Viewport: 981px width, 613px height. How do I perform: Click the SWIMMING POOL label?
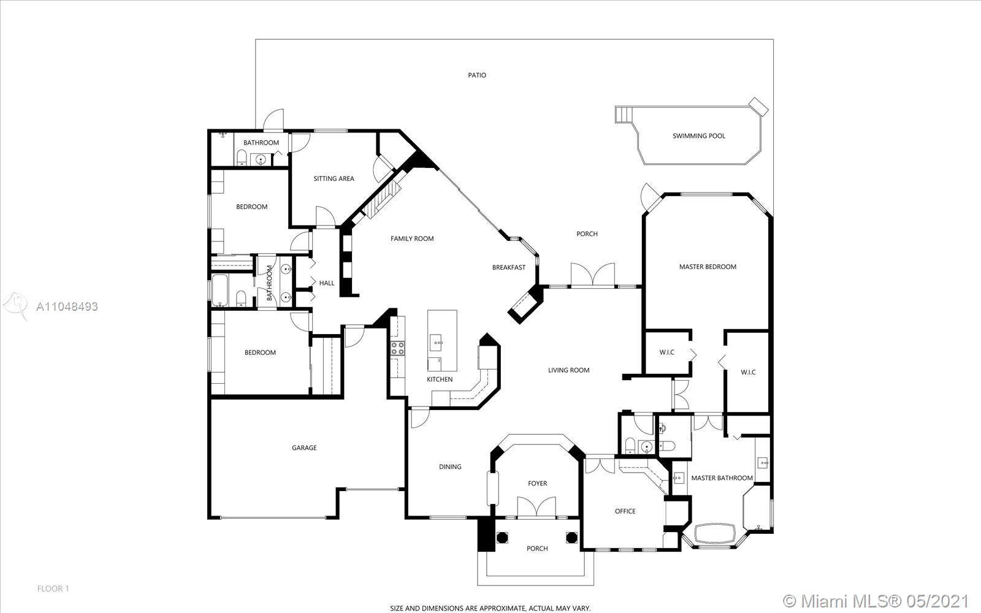(x=698, y=135)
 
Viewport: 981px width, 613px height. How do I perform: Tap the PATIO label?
(x=477, y=75)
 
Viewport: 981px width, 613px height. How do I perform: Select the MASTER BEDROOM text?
(x=708, y=267)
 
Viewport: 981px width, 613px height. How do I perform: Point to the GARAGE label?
(x=304, y=447)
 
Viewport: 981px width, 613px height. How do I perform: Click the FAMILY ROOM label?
(x=412, y=238)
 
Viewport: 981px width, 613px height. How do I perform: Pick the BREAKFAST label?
(x=509, y=267)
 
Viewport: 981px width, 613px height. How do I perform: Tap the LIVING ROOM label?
(x=569, y=370)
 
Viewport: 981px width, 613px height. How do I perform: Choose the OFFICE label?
(x=625, y=511)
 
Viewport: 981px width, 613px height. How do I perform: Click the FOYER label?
(x=537, y=484)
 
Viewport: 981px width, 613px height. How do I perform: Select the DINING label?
(x=450, y=466)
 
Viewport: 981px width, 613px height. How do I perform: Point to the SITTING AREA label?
(x=334, y=178)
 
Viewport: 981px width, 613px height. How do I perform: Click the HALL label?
(x=327, y=283)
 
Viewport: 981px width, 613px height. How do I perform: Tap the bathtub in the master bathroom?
(x=715, y=533)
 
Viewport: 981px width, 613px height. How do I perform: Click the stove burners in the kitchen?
(x=398, y=349)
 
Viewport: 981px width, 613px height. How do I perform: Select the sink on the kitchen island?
(x=435, y=343)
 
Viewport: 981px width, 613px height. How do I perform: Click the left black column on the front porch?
(x=502, y=537)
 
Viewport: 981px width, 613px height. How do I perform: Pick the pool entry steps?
(x=624, y=115)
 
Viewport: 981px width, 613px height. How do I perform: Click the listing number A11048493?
(x=67, y=306)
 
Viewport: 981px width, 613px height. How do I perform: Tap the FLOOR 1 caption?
(x=53, y=588)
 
